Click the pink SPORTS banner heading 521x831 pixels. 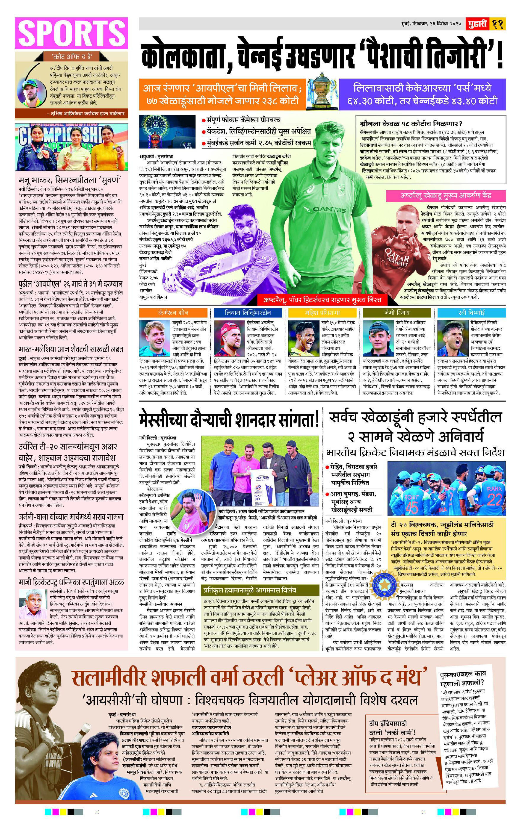click(71, 33)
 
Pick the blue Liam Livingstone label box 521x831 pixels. click(248, 312)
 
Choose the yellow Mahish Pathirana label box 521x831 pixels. click(322, 312)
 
